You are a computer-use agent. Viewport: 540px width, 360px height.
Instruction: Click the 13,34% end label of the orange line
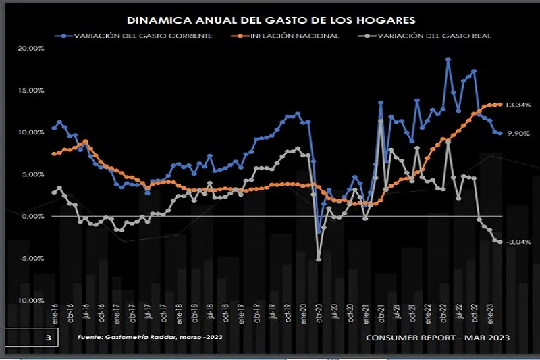518,105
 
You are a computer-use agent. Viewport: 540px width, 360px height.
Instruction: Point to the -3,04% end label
518,242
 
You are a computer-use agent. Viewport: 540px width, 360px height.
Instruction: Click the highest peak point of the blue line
448,59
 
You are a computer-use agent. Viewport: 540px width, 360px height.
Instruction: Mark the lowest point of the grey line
319,259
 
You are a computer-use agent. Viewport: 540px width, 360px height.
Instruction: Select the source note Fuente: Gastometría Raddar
149,336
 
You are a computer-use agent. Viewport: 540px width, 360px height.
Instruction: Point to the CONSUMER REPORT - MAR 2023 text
437,336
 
